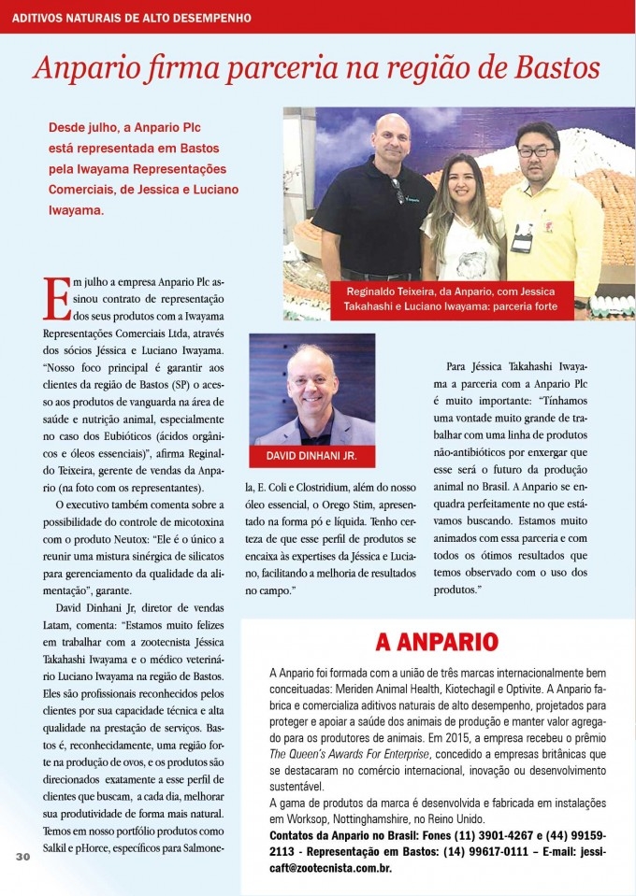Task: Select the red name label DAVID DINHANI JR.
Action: point(311,456)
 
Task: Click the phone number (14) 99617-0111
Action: point(509,851)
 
